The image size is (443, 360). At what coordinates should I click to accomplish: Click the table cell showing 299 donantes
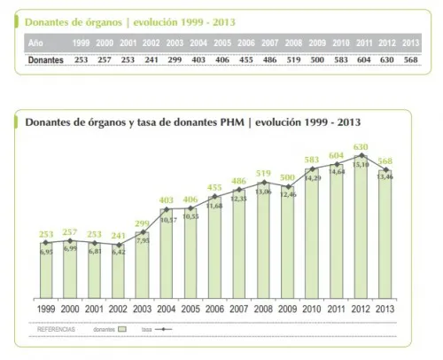(x=174, y=59)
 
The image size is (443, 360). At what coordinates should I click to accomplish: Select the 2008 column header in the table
(x=295, y=42)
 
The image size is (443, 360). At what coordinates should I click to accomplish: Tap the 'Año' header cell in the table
(x=35, y=42)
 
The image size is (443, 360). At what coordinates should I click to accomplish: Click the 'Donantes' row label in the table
(x=44, y=59)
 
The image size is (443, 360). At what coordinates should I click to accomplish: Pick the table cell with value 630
(x=385, y=59)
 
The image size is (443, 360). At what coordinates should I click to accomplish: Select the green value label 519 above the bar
(x=263, y=174)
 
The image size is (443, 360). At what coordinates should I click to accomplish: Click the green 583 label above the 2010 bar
(x=311, y=160)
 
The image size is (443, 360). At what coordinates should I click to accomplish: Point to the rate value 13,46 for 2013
(x=385, y=176)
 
